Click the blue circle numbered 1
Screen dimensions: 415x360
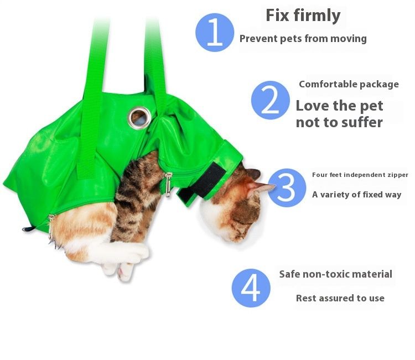coord(215,32)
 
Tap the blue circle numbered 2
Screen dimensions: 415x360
coord(270,100)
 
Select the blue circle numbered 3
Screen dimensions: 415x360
coord(287,187)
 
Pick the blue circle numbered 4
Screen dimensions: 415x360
coord(251,288)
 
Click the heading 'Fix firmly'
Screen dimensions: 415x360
coord(303,15)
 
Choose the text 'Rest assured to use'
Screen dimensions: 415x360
coord(340,298)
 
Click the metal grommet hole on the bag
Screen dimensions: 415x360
coord(139,117)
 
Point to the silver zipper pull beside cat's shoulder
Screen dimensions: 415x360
coord(168,184)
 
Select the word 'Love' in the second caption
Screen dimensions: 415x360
coord(313,106)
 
